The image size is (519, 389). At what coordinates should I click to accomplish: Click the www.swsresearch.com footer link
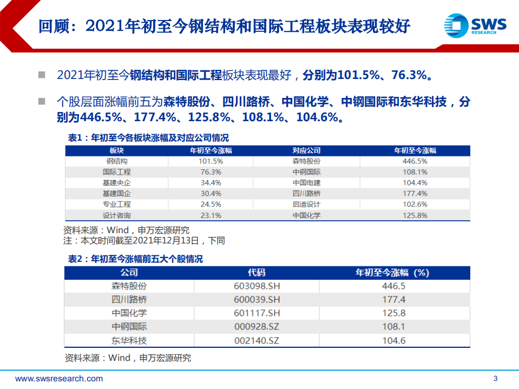pyautogui.click(x=59, y=379)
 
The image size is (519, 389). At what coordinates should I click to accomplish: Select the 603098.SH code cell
pyautogui.click(x=256, y=286)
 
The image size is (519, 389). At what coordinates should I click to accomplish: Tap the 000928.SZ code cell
pyautogui.click(x=256, y=327)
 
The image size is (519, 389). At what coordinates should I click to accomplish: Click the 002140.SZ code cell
pyautogui.click(x=256, y=340)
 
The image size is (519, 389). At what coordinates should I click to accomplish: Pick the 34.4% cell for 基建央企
pyautogui.click(x=210, y=183)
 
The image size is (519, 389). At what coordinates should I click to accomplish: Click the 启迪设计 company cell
pyautogui.click(x=306, y=205)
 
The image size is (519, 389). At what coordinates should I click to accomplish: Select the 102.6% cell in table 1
pyautogui.click(x=415, y=205)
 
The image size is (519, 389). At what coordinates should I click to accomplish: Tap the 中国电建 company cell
pyautogui.click(x=306, y=183)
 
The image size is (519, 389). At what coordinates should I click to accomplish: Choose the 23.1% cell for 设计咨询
pyautogui.click(x=210, y=215)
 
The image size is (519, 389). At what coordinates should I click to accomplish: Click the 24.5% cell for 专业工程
pyautogui.click(x=210, y=205)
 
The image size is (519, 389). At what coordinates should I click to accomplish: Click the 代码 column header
pyautogui.click(x=256, y=273)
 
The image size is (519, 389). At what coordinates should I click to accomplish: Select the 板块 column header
pyautogui.click(x=116, y=150)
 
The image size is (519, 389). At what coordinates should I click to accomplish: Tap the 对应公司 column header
pyautogui.click(x=306, y=150)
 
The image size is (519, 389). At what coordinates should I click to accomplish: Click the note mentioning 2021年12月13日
pyautogui.click(x=144, y=240)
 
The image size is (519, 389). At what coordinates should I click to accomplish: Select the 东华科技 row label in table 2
pyautogui.click(x=129, y=340)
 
